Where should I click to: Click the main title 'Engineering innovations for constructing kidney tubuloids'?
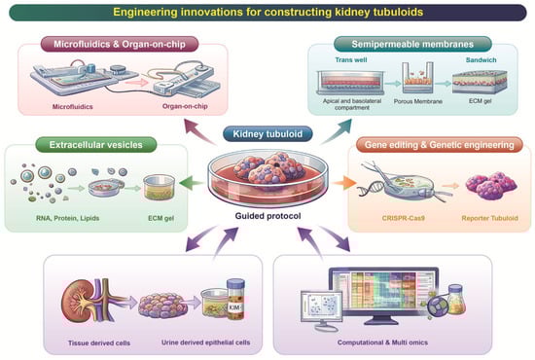pyautogui.click(x=267, y=13)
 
